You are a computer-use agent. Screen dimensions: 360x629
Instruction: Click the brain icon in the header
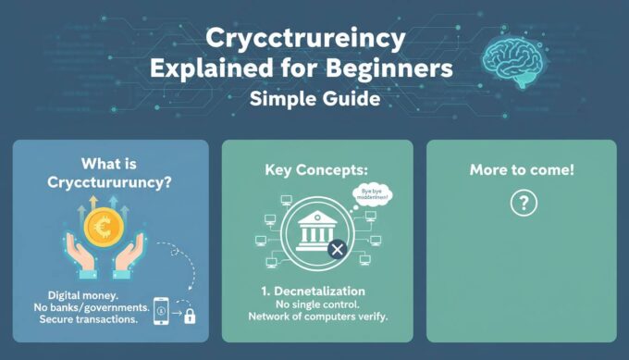[515, 56]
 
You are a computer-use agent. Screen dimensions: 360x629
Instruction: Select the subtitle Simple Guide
[314, 98]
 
